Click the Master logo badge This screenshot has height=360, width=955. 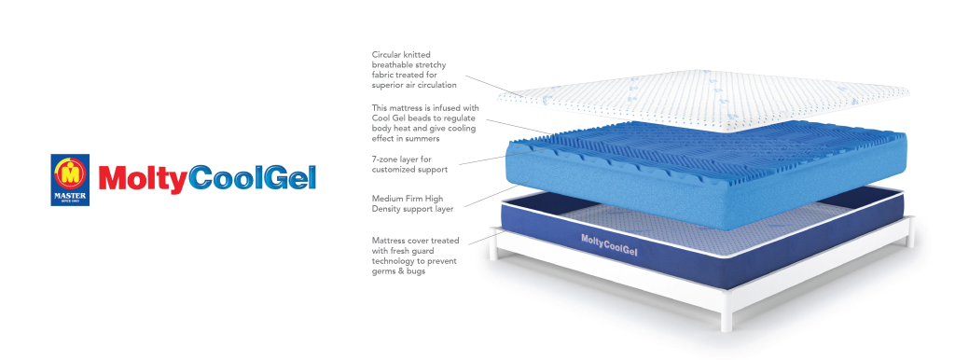coord(70,180)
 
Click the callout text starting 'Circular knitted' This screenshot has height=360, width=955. coord(414,70)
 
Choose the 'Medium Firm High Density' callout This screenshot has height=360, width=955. coord(412,204)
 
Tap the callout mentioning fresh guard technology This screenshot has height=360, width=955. coord(415,256)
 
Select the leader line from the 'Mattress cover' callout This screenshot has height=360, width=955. coord(485,238)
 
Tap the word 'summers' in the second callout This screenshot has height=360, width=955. coord(422,139)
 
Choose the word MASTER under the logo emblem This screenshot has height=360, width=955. coord(70,195)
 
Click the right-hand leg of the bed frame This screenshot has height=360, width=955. coord(909,234)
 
